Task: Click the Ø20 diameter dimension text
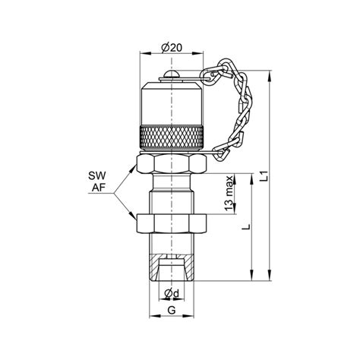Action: (x=172, y=48)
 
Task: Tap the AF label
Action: (x=96, y=188)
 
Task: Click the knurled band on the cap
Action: (x=172, y=139)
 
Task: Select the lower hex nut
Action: (x=172, y=223)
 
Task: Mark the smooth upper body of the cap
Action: (x=172, y=103)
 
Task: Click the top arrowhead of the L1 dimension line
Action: (x=271, y=76)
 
